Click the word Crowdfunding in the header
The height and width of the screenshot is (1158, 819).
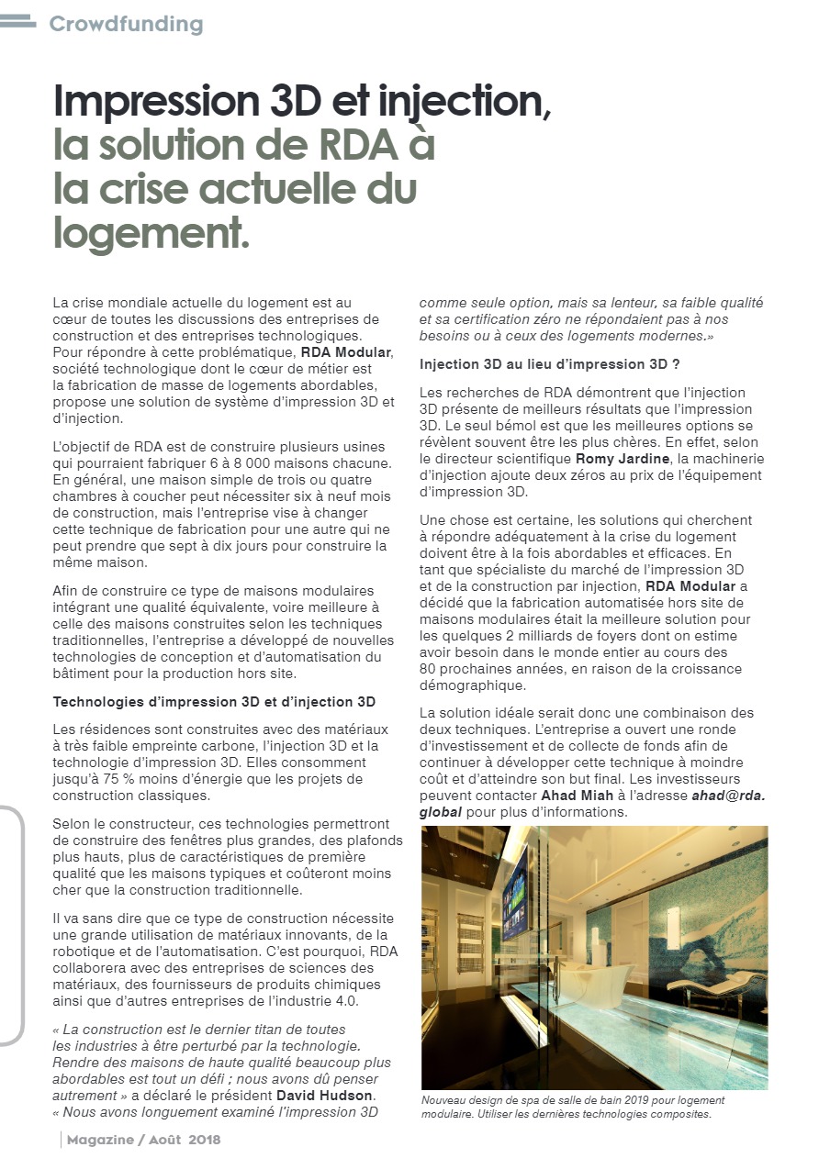pos(126,24)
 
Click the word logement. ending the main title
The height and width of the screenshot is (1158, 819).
pos(152,233)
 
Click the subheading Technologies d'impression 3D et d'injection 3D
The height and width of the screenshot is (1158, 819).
pos(214,702)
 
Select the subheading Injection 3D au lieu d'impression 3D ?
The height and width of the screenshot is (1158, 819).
pos(549,364)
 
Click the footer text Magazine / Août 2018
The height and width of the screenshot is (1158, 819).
pos(143,1140)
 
